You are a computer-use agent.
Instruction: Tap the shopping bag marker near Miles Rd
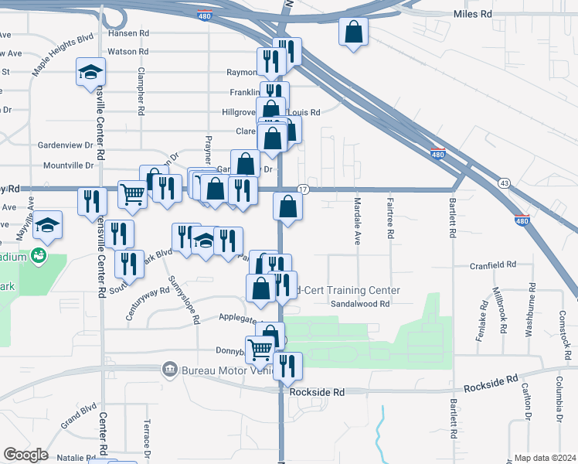353,33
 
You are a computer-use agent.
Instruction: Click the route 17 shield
303,189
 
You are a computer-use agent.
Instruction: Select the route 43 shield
504,183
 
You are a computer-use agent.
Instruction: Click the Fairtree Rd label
391,217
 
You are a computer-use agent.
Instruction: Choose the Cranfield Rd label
493,265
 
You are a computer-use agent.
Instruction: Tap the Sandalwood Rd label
360,304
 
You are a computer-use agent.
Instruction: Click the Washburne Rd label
530,310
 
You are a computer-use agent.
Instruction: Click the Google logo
25,455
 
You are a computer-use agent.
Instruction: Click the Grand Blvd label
78,415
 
